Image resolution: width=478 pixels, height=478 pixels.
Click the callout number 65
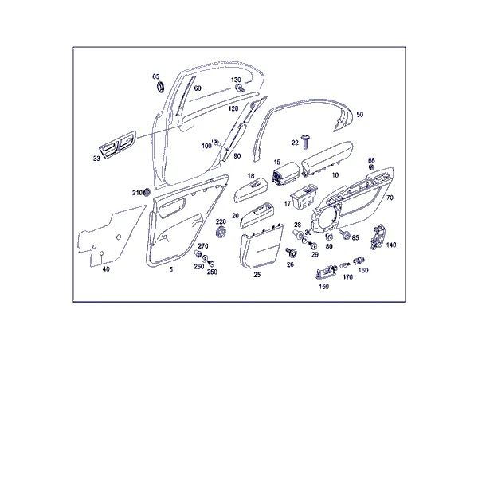(x=156, y=76)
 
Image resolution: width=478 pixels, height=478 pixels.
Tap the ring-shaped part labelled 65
(x=160, y=86)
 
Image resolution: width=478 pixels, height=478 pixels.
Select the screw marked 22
(x=305, y=142)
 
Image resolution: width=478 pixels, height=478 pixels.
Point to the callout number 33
(x=96, y=159)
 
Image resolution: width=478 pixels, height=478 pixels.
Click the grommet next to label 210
(x=147, y=192)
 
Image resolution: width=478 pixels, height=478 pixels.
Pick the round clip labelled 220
(x=221, y=232)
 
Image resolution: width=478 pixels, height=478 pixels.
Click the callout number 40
(x=106, y=269)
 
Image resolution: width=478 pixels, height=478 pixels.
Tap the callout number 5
(x=171, y=269)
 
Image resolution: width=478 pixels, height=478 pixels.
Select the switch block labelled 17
(x=304, y=196)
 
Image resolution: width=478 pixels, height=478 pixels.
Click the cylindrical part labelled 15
(x=284, y=174)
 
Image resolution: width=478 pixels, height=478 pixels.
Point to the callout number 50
(x=360, y=115)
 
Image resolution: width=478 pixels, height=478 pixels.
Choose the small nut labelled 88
(x=371, y=167)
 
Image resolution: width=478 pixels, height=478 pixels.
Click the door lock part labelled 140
(x=377, y=237)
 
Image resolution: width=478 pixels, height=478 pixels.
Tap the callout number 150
(x=323, y=287)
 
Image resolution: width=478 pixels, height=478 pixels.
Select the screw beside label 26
(x=291, y=252)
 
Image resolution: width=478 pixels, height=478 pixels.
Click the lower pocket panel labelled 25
(x=261, y=246)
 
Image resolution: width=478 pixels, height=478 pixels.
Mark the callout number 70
(x=390, y=198)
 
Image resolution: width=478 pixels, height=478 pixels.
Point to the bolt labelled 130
(x=240, y=88)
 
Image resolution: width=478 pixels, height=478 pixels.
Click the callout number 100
(x=206, y=146)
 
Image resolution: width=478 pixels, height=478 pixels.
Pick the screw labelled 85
(x=344, y=233)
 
